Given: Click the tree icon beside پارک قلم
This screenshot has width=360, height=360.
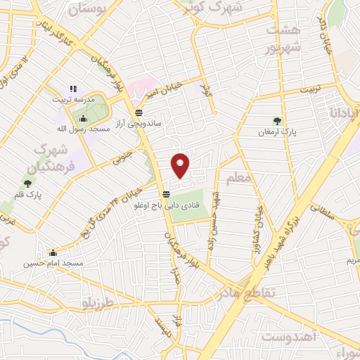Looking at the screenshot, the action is click(27, 184).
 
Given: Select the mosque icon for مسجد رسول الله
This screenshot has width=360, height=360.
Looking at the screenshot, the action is click(84, 118).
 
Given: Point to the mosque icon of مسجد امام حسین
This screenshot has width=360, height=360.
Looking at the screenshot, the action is click(53, 252).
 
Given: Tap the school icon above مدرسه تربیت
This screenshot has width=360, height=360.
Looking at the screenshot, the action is click(72, 89).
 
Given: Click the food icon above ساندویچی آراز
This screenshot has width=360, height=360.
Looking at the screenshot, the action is click(139, 112).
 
